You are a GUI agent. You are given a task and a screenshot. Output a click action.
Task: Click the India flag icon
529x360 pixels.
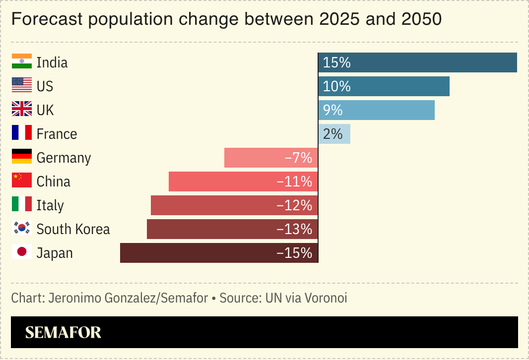(22, 61)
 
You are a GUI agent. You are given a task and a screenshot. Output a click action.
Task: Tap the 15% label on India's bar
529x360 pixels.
(337, 63)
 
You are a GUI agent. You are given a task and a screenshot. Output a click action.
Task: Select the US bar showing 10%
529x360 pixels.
(384, 86)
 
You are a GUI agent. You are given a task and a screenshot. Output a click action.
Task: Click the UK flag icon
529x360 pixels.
(22, 109)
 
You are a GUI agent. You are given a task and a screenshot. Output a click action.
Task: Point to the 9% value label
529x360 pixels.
(333, 110)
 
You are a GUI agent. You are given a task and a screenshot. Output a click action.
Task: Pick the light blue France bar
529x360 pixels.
(334, 134)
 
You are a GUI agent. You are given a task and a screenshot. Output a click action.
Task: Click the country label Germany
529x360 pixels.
(64, 158)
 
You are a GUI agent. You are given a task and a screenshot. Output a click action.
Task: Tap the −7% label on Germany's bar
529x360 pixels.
(299, 158)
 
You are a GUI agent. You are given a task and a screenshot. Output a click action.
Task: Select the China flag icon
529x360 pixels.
(22, 180)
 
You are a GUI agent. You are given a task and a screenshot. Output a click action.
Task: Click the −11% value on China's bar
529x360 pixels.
(295, 182)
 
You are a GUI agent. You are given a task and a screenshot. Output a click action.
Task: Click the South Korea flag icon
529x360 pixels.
(22, 228)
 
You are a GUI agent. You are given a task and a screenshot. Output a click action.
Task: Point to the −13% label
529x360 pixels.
(295, 229)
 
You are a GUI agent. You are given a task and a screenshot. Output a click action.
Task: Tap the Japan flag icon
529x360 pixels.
(22, 252)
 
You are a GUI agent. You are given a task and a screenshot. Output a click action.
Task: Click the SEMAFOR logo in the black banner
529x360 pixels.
(63, 333)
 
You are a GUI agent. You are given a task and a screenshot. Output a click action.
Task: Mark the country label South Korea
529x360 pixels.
(73, 229)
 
